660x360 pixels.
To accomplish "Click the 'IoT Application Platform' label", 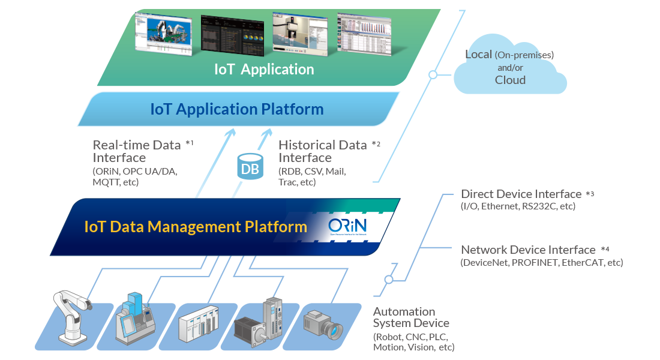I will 236,109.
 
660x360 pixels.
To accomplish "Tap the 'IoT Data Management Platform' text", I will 196,227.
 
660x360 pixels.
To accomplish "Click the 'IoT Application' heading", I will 264,69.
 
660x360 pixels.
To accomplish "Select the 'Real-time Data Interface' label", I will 136,151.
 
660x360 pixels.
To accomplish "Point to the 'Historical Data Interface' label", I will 323,151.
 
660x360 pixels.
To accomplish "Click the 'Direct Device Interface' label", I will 521,194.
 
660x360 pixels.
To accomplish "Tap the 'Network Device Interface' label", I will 528,250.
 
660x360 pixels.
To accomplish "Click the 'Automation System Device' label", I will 404,317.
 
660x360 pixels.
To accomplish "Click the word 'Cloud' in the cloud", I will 510,80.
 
